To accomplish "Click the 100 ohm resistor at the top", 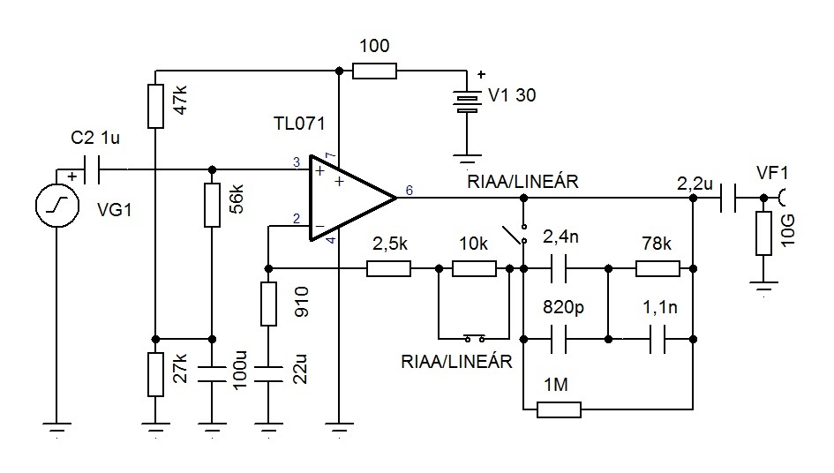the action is pyautogui.click(x=374, y=71).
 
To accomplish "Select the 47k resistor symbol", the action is pyautogui.click(x=155, y=106).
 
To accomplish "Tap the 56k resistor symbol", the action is pyautogui.click(x=212, y=205).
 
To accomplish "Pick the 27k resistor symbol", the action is pyautogui.click(x=155, y=374).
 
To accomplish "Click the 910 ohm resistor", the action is pyautogui.click(x=268, y=304).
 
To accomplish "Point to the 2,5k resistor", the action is pyautogui.click(x=389, y=268).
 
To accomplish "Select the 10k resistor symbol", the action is pyautogui.click(x=475, y=268).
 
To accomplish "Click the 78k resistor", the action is pyautogui.click(x=658, y=268).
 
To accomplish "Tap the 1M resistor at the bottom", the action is pyautogui.click(x=559, y=409).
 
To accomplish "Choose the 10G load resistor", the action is pyautogui.click(x=763, y=233).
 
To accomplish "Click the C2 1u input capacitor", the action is pyautogui.click(x=91, y=169).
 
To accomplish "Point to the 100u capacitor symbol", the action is pyautogui.click(x=212, y=374).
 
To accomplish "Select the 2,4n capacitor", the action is pyautogui.click(x=559, y=268).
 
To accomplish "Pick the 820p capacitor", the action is pyautogui.click(x=559, y=340).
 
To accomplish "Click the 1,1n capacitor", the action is pyautogui.click(x=657, y=340).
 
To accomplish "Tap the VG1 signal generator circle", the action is pyautogui.click(x=57, y=206).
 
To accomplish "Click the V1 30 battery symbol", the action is pyautogui.click(x=467, y=101).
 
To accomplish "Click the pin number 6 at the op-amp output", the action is pyautogui.click(x=409, y=190).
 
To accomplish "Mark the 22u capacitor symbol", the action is pyautogui.click(x=268, y=374).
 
